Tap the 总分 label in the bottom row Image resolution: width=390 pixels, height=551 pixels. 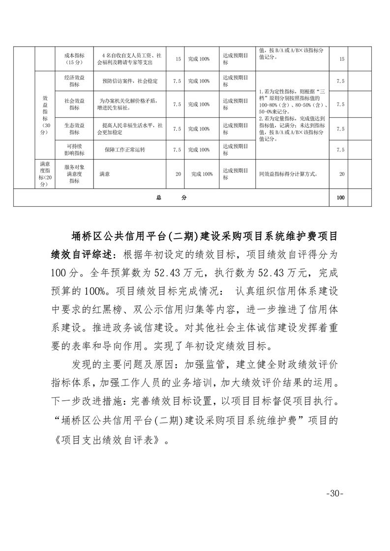tap(171, 198)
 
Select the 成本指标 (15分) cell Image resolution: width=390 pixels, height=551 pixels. tap(75, 59)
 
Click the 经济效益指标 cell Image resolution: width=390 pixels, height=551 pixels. tap(75, 81)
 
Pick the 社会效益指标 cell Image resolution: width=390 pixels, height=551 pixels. tap(75, 104)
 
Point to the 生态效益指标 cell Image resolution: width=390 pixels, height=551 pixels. tap(75, 129)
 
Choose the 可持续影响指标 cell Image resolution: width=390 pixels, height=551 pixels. tap(75, 149)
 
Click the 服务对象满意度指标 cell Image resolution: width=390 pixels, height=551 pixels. tap(75, 173)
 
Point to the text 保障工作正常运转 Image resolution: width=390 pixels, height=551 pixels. tap(125, 149)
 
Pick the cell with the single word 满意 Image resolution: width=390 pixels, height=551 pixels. tap(104, 173)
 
